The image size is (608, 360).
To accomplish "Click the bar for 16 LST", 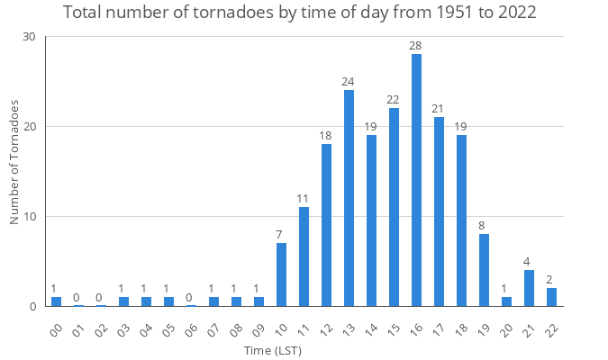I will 416,180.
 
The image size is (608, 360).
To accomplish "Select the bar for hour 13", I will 349,198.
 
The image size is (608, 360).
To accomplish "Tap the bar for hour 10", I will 281,274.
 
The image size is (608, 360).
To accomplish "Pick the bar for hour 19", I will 484,270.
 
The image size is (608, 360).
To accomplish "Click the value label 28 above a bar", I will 416,45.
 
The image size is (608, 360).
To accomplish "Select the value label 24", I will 349,82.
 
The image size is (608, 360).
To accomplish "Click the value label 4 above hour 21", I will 529,262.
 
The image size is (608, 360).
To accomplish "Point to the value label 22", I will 394,100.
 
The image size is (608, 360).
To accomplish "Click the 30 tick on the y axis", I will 30,37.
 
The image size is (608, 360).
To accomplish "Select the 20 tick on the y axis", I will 30,127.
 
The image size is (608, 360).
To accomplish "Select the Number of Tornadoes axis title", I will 14,163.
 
